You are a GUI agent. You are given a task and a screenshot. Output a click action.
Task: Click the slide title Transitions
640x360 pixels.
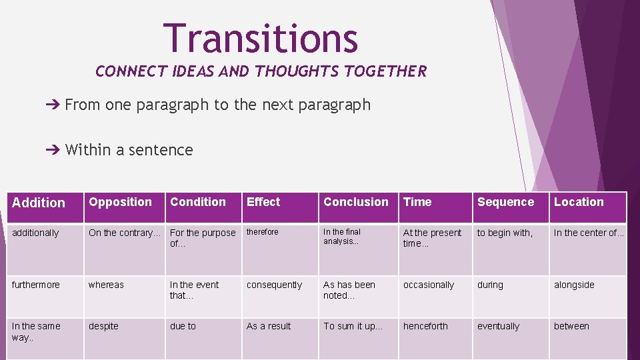pyautogui.click(x=261, y=38)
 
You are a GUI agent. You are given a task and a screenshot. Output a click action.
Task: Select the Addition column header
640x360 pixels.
pyautogui.click(x=39, y=203)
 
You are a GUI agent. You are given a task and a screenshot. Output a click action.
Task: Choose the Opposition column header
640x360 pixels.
pyautogui.click(x=121, y=202)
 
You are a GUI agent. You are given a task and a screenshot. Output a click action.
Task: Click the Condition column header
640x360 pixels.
pyautogui.click(x=198, y=202)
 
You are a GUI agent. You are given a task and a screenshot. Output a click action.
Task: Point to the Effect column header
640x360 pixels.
pyautogui.click(x=263, y=202)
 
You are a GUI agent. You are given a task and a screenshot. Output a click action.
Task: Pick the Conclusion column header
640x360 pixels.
pyautogui.click(x=355, y=202)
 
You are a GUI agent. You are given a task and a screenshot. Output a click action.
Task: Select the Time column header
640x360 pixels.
pyautogui.click(x=417, y=202)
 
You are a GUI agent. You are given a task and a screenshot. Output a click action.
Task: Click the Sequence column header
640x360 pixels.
pyautogui.click(x=505, y=202)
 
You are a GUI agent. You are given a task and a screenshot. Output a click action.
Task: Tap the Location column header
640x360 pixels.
pyautogui.click(x=579, y=202)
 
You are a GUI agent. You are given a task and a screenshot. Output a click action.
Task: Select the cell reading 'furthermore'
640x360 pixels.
pyautogui.click(x=36, y=285)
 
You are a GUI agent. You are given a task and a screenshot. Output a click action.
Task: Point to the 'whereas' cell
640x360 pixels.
pyautogui.click(x=106, y=285)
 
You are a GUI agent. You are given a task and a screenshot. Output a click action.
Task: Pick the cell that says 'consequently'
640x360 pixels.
pyautogui.click(x=274, y=285)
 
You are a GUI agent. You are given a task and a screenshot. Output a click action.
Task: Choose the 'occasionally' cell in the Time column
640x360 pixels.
pyautogui.click(x=429, y=285)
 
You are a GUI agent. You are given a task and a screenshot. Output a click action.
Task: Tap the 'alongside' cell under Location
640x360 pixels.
pyautogui.click(x=575, y=285)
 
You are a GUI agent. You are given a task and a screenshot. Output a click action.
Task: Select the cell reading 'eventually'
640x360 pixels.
pyautogui.click(x=498, y=326)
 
